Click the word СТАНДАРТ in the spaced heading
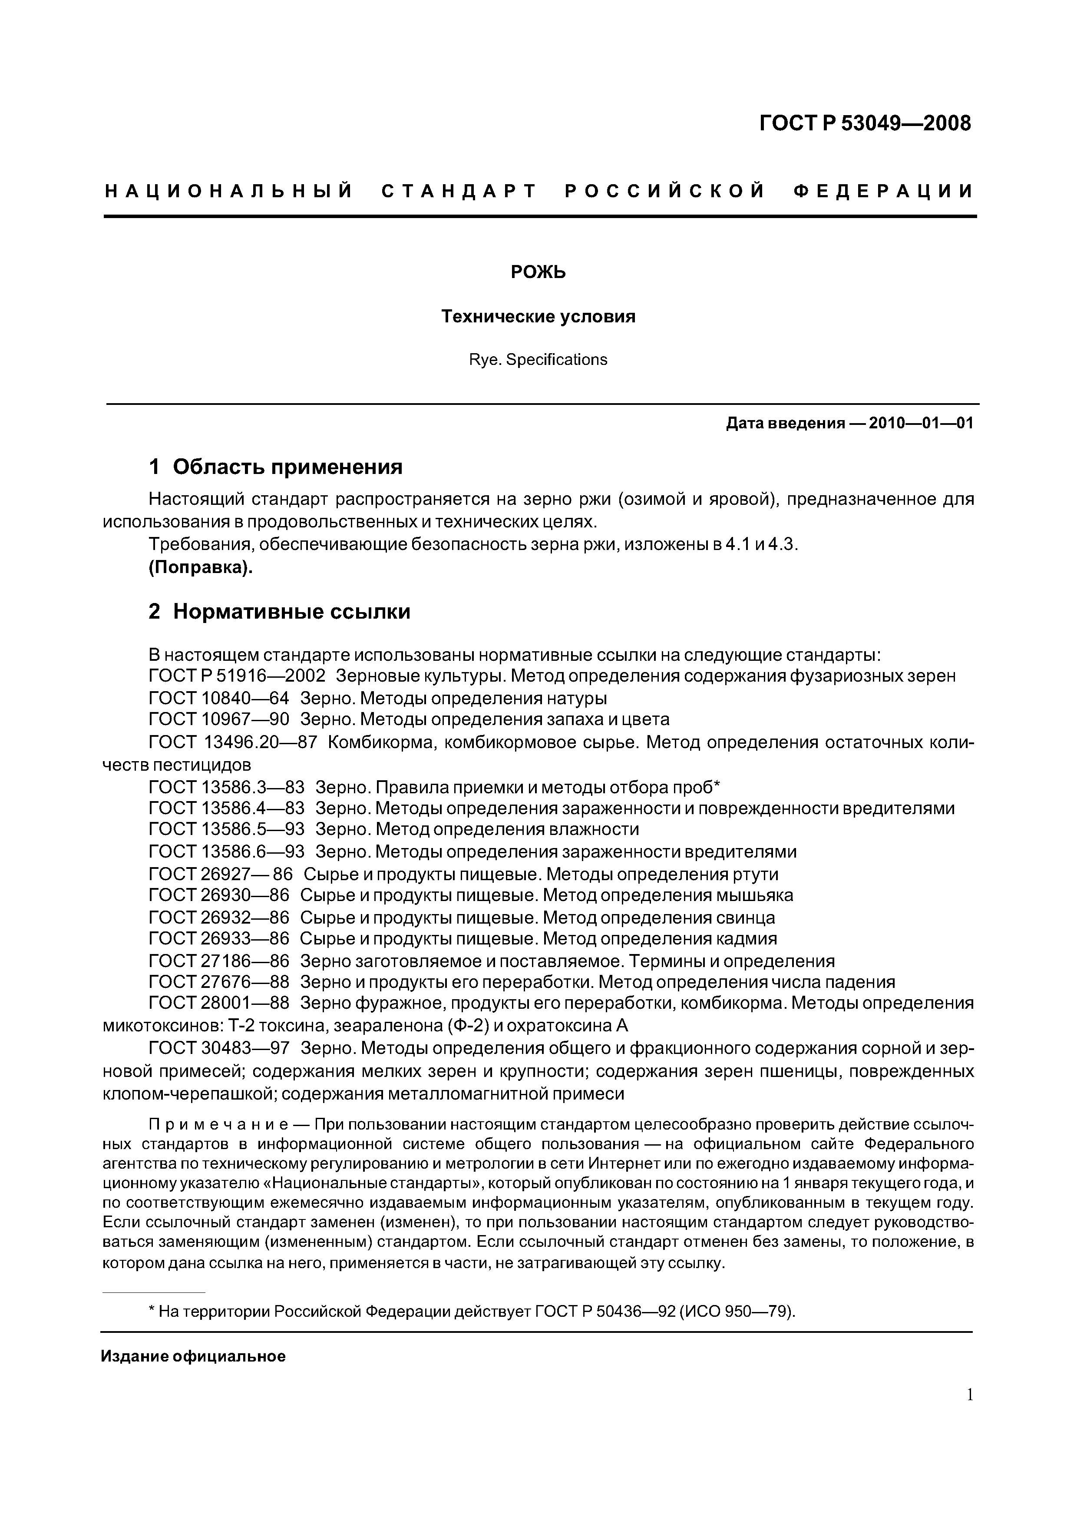pos(459,192)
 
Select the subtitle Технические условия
pos(538,317)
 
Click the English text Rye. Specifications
pos(538,360)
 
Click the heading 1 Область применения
pos(275,467)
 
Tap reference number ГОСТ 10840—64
pos(219,698)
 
